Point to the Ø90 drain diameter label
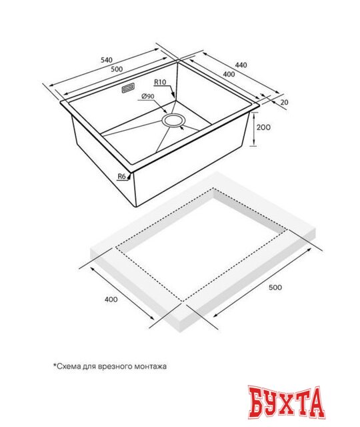148,97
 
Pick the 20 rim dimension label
285,102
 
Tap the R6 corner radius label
121,176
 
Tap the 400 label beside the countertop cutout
111,299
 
